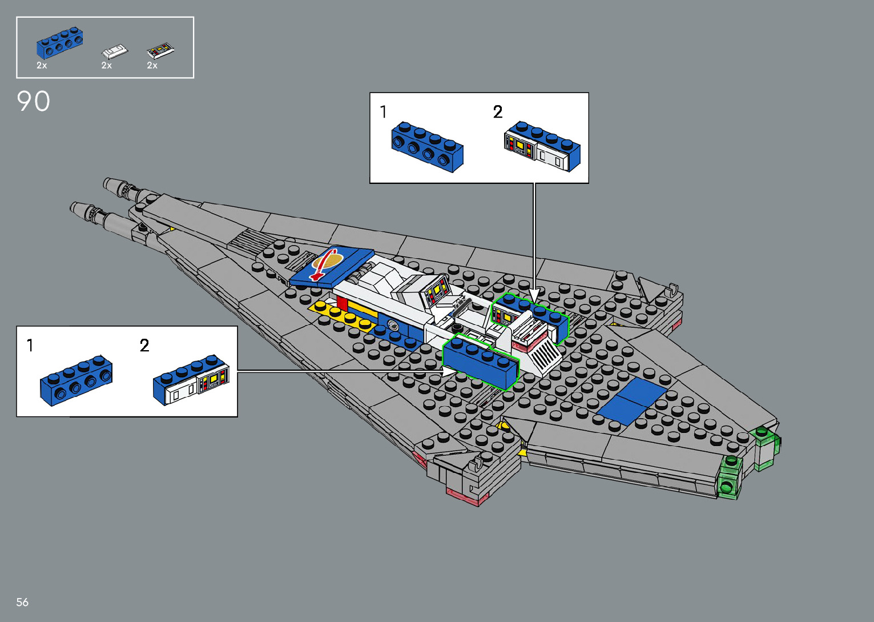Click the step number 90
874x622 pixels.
34,102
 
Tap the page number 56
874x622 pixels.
22,602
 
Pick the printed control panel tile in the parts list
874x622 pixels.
160,51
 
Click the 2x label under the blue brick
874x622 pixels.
42,66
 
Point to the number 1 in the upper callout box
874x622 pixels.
384,112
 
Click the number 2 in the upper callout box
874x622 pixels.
498,112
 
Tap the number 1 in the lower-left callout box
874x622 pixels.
30,346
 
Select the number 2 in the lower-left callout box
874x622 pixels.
144,346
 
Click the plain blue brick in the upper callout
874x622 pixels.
427,147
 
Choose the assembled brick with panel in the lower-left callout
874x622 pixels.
191,380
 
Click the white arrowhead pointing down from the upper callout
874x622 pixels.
534,294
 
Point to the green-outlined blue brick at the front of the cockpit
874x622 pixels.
481,362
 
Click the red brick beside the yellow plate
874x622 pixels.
342,303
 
